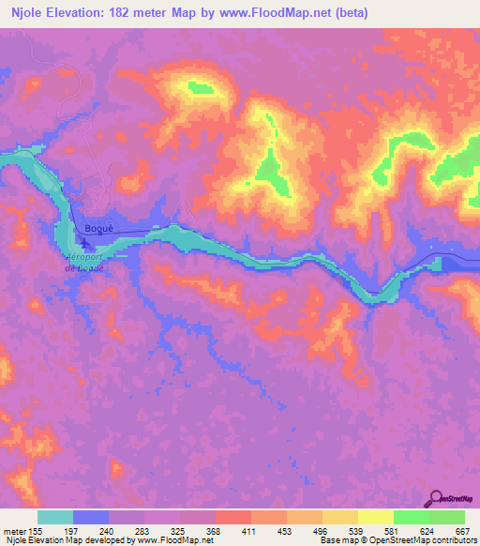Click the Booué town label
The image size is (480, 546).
98,227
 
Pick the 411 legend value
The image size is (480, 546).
248,532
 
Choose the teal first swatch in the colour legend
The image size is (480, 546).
55,517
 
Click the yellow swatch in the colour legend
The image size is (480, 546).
375,517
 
